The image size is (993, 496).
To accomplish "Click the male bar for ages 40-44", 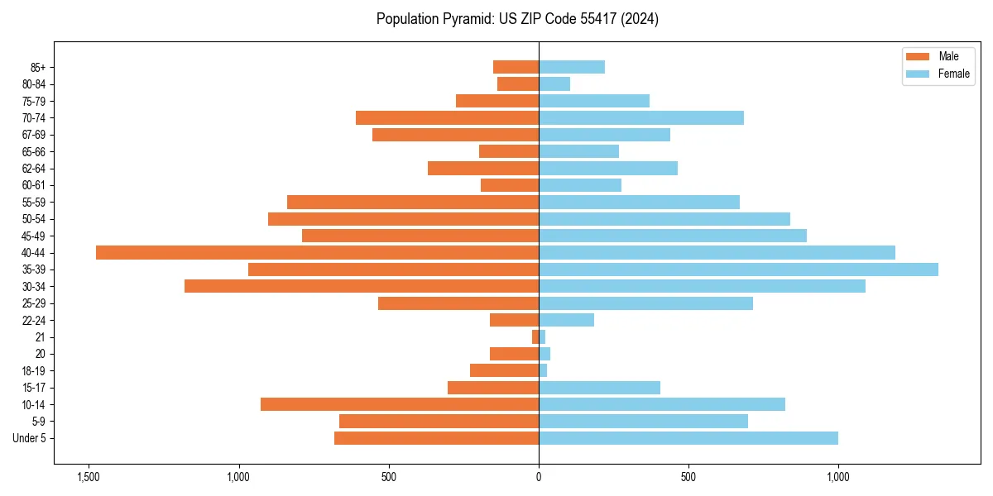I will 317,252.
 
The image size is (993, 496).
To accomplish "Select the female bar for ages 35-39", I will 738,269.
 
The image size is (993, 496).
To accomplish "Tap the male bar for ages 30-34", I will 362,286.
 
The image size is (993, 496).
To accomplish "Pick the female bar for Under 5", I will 688,438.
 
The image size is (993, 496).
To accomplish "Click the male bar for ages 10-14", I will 400,404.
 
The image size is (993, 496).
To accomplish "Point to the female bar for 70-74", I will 641,117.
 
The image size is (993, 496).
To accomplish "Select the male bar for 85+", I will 516,67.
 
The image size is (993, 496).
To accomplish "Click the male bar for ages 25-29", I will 458,303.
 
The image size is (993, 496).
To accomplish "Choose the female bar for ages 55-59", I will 639,202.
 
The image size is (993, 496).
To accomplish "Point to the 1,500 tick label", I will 89,477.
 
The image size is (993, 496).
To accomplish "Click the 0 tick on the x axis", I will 539,477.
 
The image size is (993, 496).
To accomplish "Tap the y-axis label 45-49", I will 34,236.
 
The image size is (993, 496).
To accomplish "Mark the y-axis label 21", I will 40,337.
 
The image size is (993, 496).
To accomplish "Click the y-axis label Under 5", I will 30,438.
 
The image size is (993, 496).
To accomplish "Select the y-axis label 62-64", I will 34,168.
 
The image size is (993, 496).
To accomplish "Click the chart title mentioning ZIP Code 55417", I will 517,19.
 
